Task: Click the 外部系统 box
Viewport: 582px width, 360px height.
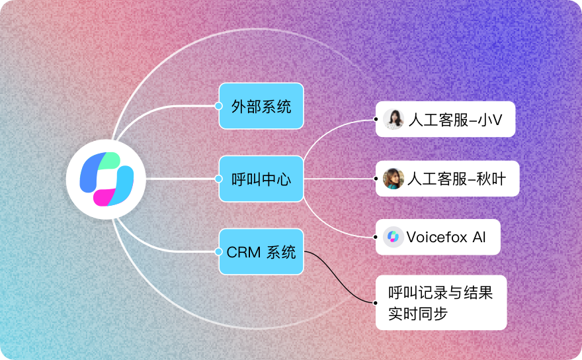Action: click(261, 106)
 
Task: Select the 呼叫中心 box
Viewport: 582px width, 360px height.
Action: click(261, 179)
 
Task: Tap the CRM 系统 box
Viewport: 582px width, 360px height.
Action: click(261, 251)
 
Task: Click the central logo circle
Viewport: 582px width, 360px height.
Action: click(106, 179)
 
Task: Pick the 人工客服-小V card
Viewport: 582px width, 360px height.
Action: click(445, 119)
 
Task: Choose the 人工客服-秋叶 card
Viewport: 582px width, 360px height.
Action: click(447, 179)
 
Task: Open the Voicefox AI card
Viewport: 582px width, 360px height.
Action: click(438, 237)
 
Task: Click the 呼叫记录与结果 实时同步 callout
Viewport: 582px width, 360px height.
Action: click(441, 302)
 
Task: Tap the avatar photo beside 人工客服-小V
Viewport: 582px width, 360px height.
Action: click(393, 119)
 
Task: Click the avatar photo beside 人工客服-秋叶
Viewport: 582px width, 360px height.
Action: click(393, 179)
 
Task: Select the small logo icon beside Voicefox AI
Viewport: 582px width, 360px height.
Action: click(393, 237)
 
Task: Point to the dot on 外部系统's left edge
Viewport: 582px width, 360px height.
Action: click(219, 106)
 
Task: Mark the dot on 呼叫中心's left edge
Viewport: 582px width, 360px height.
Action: click(219, 179)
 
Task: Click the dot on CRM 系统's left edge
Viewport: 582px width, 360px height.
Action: click(219, 251)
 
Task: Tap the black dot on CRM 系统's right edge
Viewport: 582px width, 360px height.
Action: click(304, 251)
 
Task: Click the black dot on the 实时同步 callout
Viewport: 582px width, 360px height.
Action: click(376, 302)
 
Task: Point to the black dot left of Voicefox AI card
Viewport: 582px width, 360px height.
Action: click(376, 237)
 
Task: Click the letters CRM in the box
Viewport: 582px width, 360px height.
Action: click(243, 252)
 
